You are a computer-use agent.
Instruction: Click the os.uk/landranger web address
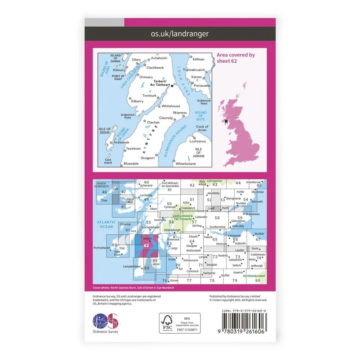point(180,34)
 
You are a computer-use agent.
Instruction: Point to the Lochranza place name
point(198,141)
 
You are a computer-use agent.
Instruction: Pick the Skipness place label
point(180,113)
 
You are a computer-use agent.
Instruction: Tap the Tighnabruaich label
point(194,70)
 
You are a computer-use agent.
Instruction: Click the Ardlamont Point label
point(204,102)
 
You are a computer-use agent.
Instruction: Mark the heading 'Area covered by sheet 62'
point(235,58)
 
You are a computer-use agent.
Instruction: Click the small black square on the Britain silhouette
point(226,121)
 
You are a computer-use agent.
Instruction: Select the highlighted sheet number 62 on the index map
point(146,246)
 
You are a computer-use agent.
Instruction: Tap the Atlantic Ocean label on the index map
point(106,225)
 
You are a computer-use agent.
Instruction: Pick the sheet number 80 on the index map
point(257,280)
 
